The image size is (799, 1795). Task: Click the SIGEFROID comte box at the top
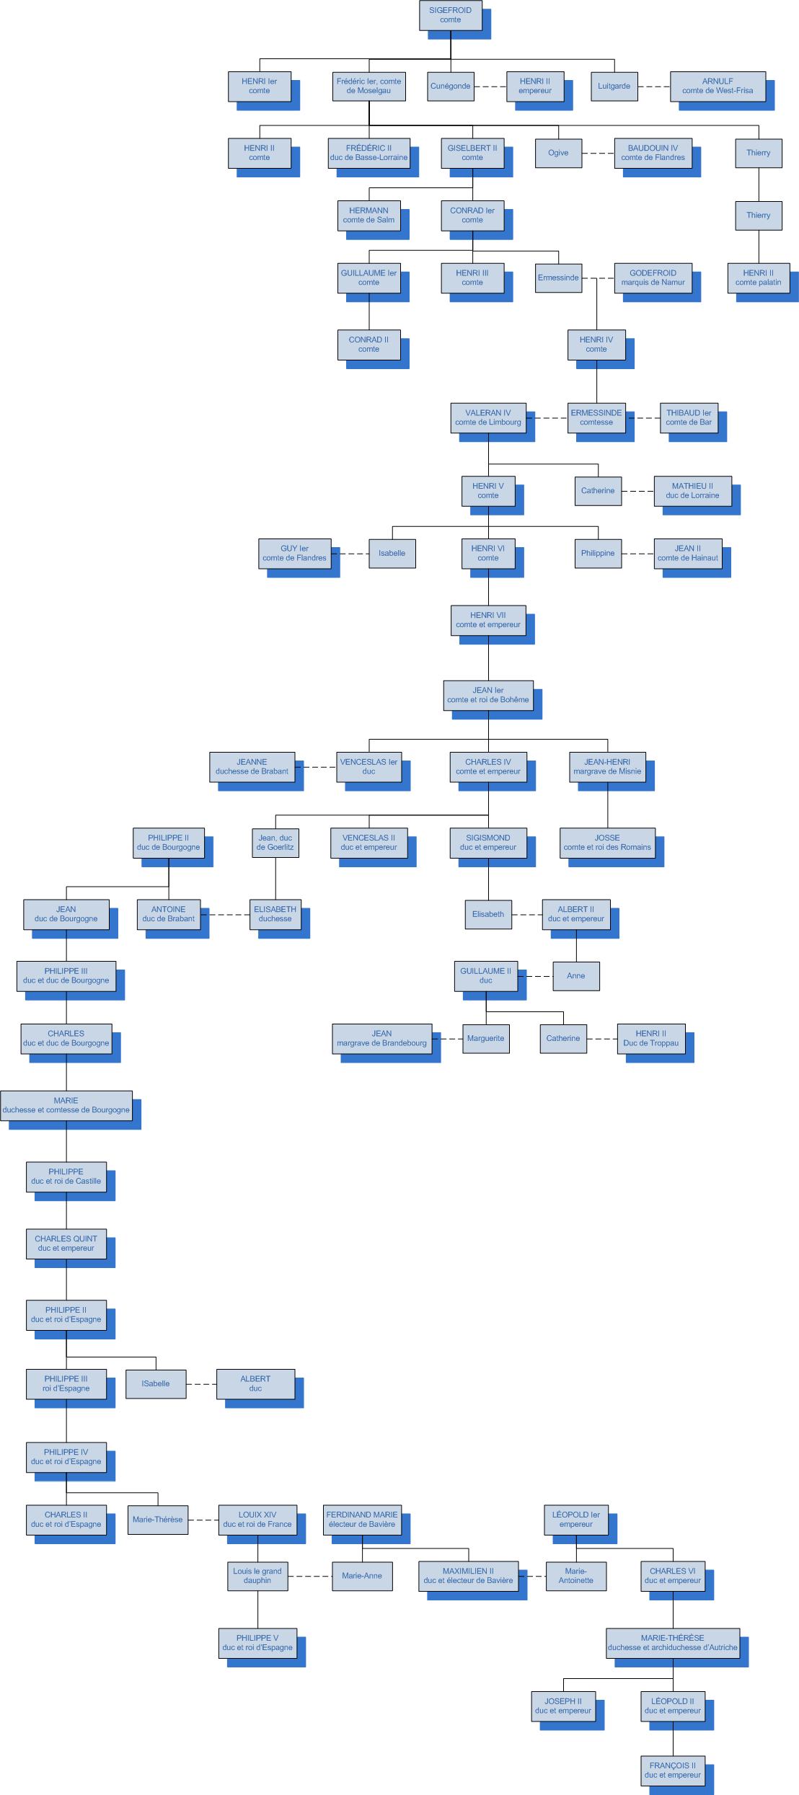point(450,15)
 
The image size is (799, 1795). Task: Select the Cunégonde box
point(450,87)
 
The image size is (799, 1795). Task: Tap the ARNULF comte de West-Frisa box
point(718,87)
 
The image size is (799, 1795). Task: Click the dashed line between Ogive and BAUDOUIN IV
point(598,154)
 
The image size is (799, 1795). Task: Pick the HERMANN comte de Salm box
point(368,216)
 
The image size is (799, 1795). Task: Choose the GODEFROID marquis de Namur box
point(653,278)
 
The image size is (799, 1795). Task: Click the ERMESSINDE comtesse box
point(596,417)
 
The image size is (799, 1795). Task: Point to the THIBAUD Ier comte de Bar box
point(688,417)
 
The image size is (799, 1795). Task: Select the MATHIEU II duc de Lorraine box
point(692,491)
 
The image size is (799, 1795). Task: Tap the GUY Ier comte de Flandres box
point(294,553)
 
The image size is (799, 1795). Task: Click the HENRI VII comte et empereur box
point(487,620)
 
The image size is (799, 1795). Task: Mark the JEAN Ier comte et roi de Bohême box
point(487,695)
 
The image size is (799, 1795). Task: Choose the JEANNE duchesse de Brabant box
point(252,766)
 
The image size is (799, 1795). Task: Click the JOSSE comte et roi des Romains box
point(607,843)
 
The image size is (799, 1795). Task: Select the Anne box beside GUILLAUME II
point(575,976)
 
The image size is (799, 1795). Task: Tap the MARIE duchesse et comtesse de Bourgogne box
point(66,1105)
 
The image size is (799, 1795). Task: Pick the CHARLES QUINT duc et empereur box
point(66,1244)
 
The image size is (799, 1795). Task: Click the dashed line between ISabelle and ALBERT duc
point(201,1384)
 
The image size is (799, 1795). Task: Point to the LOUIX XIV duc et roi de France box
point(257,1520)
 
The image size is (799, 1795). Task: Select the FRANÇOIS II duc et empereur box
point(672,1770)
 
